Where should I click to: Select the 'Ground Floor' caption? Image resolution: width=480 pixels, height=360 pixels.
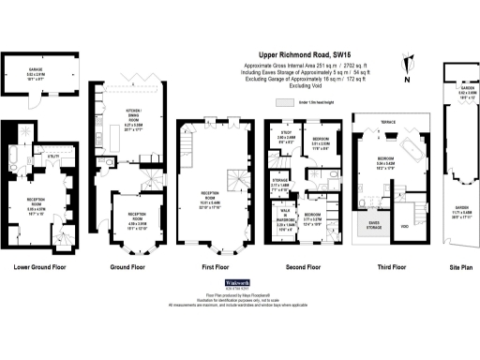click(129, 266)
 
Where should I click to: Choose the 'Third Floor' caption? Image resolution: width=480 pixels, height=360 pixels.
click(383, 266)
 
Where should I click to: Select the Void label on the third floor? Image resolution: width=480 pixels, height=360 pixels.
click(403, 226)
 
